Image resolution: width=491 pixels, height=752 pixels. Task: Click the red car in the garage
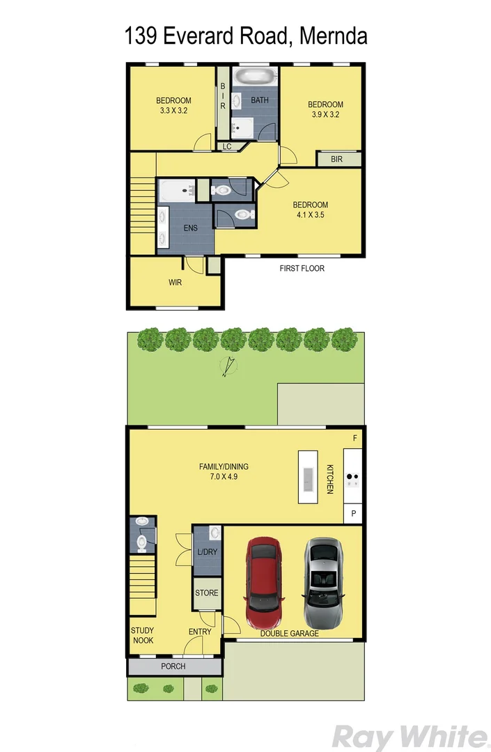point(262,583)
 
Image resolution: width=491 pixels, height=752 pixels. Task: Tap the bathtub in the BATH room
point(255,76)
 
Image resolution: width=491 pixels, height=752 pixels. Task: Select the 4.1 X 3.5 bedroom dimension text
point(310,215)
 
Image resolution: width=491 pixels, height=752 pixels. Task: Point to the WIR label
point(175,283)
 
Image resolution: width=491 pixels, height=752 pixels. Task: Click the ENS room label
point(190,228)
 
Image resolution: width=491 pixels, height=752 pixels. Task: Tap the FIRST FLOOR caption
point(302,268)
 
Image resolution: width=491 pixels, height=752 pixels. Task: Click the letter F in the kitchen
point(354,438)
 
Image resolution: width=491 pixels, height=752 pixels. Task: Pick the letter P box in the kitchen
point(354,514)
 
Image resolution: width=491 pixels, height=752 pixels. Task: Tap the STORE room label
point(207,593)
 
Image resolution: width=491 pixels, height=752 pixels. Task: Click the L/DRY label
point(207,552)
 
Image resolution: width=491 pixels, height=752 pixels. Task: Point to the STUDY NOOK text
point(142,635)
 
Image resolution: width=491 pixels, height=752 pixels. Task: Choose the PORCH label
point(173,666)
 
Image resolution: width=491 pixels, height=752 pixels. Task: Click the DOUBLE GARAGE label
point(290,634)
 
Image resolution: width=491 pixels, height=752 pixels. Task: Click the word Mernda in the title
point(332,36)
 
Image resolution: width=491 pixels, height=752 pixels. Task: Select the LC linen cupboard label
point(227,147)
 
